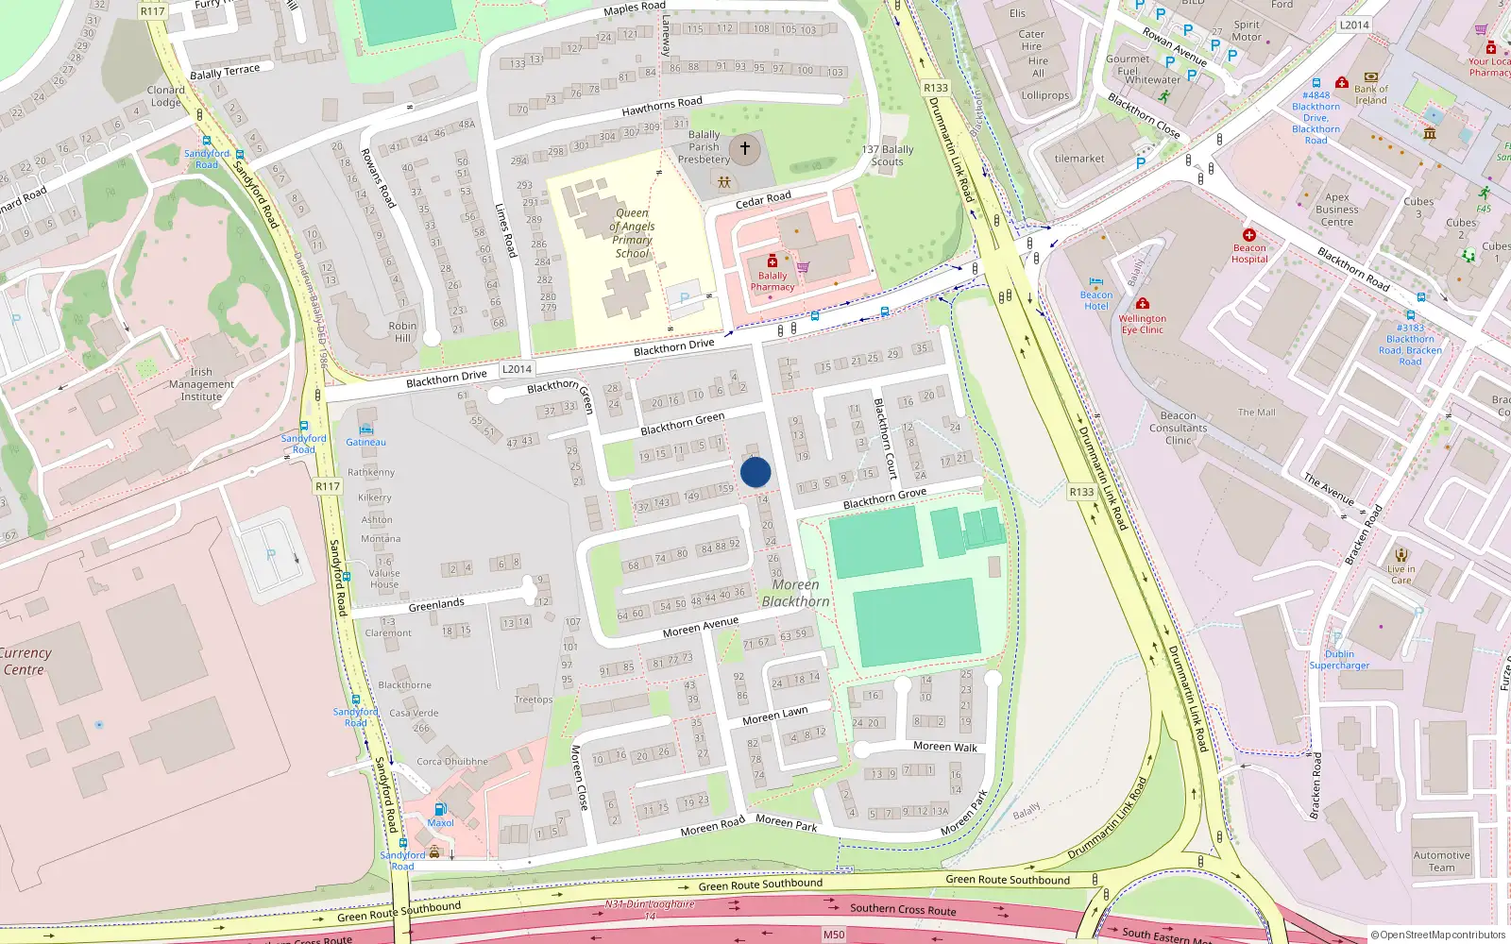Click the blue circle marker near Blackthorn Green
point(755,472)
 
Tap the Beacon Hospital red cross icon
point(1249,235)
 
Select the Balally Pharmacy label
point(772,281)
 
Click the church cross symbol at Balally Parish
point(745,149)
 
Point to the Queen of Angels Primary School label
point(632,233)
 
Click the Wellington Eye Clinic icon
point(1143,304)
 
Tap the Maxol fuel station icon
point(440,809)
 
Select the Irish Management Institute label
point(201,384)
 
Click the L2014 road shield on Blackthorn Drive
point(517,369)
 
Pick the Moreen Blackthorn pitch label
point(796,593)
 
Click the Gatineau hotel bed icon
point(365,430)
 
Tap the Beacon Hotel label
point(1096,300)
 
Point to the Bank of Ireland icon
point(1371,77)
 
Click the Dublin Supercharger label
point(1339,660)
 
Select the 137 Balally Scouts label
point(888,156)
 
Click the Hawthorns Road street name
point(662,107)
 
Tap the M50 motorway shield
point(834,935)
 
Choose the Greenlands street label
point(436,604)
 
